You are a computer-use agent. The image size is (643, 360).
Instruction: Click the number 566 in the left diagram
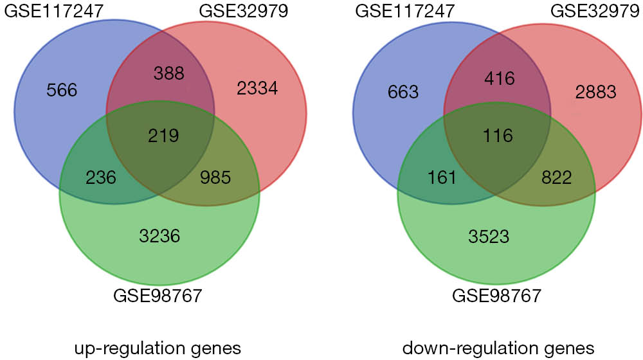point(62,90)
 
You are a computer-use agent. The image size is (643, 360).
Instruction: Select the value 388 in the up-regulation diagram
point(169,73)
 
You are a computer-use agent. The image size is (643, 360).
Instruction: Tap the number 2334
point(257,88)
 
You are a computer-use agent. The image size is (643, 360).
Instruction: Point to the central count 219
point(163,136)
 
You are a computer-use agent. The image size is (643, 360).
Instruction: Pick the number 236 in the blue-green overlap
point(101,177)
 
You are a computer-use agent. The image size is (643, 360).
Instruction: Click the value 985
point(215,177)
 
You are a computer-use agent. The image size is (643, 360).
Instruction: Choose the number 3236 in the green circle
point(159,236)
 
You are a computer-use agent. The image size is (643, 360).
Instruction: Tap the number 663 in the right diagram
point(403,92)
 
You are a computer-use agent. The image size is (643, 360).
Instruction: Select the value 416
point(499,78)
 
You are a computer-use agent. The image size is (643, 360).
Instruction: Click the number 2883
point(596,92)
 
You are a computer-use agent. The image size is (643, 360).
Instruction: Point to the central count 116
point(498,136)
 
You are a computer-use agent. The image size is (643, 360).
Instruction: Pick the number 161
point(442,177)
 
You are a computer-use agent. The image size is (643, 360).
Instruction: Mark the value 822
point(556,177)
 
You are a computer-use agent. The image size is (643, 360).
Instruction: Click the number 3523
point(489,237)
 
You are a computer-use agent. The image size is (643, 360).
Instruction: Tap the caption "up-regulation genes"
point(158,349)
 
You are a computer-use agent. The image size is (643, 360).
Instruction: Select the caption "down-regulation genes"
point(498,349)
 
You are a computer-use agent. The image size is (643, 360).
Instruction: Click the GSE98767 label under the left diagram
point(158,296)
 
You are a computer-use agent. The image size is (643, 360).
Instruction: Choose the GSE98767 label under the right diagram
point(496,296)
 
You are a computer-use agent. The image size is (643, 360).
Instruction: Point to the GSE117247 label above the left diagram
point(54,11)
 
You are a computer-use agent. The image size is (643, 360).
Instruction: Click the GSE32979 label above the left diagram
point(244,11)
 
